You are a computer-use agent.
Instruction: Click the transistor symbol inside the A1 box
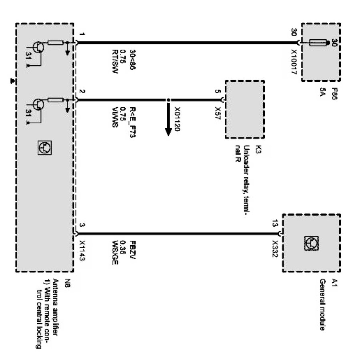coord(311,243)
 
